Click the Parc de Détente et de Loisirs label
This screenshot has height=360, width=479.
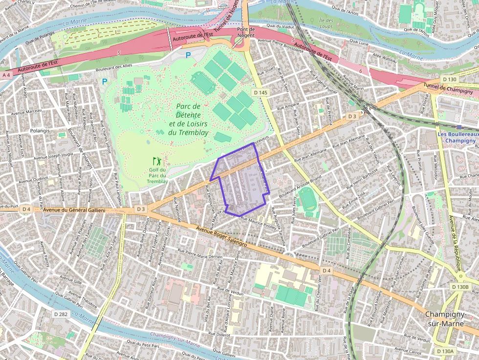pos(189,119)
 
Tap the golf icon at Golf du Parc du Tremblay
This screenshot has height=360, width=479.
pos(157,161)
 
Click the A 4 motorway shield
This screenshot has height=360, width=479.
pos(6,75)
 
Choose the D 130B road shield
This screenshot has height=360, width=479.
pos(460,287)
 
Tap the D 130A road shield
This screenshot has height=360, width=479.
pos(445,351)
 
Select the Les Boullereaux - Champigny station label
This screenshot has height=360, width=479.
pos(457,137)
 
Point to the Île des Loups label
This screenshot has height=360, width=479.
pos(326,23)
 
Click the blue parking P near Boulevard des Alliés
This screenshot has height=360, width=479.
pos(188,55)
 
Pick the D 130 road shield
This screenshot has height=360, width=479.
pos(449,79)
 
